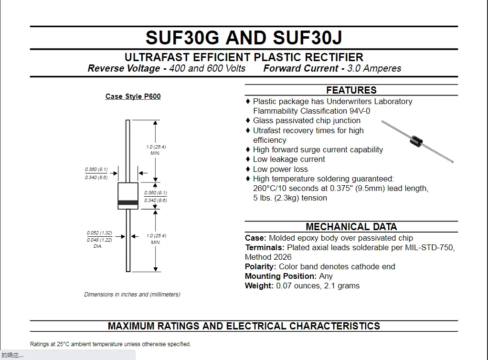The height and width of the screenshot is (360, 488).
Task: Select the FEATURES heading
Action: (x=351, y=90)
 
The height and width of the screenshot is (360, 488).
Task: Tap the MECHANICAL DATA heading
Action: (x=351, y=227)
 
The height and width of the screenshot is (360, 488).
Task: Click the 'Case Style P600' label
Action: (x=133, y=96)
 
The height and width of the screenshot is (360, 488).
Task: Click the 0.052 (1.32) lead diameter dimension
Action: (x=99, y=233)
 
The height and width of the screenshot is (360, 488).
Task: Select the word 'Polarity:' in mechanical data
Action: (x=261, y=266)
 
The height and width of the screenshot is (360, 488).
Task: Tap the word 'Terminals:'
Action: (x=265, y=247)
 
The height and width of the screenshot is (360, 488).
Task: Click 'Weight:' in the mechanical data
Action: (x=259, y=286)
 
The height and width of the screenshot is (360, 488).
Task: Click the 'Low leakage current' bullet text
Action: (x=289, y=159)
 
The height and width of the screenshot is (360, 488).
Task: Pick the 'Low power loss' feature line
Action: (x=280, y=169)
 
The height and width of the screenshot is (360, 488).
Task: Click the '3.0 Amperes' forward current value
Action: (x=374, y=68)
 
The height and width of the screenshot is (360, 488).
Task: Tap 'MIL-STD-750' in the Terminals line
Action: (x=429, y=247)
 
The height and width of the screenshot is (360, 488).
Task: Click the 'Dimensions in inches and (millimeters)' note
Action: (x=132, y=295)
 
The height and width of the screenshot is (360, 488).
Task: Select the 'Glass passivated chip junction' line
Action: (x=307, y=120)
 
